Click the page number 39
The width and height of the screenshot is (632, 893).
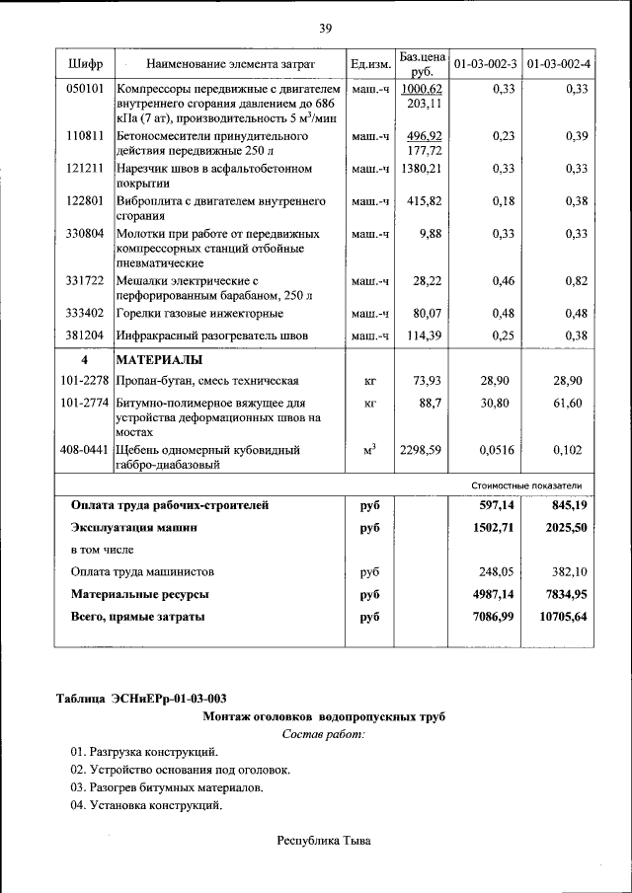click(x=324, y=27)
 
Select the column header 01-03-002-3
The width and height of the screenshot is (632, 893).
click(x=485, y=64)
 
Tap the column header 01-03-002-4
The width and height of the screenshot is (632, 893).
click(x=558, y=64)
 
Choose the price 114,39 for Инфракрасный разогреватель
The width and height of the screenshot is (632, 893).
click(x=423, y=335)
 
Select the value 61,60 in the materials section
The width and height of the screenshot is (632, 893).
click(x=568, y=404)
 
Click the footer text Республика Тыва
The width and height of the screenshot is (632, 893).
click(x=323, y=841)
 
